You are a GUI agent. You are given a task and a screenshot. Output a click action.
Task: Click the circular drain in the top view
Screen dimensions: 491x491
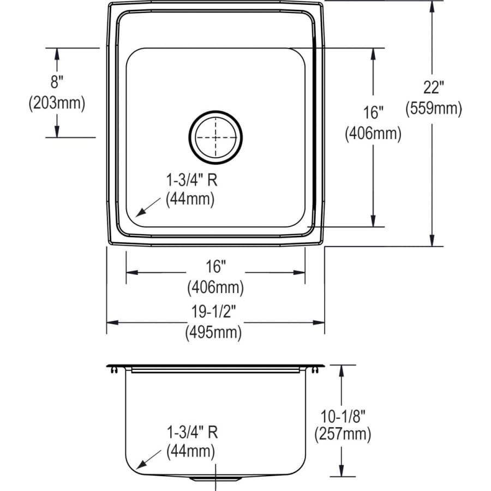215,137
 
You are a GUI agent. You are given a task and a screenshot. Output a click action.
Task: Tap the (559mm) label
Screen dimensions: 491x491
433,109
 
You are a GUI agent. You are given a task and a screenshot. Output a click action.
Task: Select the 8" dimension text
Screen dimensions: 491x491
57,83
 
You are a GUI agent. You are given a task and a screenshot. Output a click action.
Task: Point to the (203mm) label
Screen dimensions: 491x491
57,103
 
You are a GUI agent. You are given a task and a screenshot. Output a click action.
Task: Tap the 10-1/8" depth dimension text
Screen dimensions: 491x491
343,416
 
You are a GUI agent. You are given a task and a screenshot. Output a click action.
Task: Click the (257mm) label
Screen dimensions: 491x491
343,435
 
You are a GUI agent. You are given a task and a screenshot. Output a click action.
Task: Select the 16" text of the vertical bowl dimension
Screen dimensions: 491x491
373,113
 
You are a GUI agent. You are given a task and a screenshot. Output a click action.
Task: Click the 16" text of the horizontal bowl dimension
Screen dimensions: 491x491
215,267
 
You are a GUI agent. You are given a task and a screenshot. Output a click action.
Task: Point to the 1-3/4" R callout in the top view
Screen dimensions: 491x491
191,179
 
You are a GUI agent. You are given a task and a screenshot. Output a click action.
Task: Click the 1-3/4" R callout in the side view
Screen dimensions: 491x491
191,433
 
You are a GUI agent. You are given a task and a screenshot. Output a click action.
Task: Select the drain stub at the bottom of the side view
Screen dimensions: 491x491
216,478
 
